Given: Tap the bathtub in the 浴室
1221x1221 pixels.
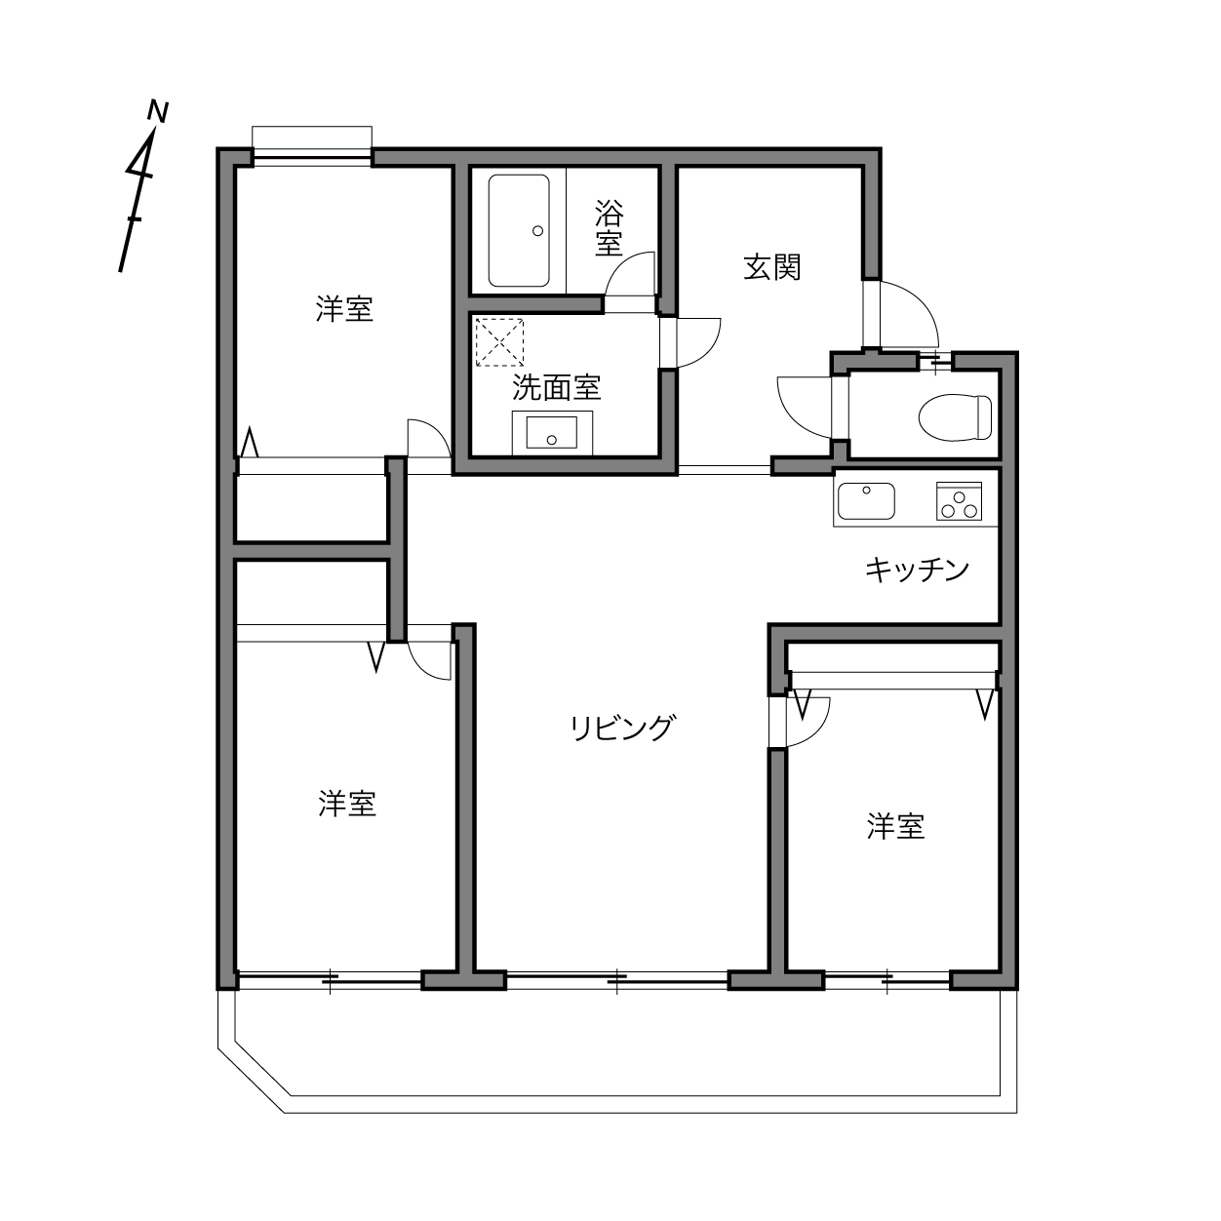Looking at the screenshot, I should coord(519,230).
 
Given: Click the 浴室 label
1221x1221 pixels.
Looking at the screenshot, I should coord(610,227).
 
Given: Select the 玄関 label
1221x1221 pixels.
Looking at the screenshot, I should coord(772,266).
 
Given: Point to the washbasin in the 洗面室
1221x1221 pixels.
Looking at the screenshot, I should coord(552,431).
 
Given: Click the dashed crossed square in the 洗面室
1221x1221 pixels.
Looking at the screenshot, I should coord(499,340).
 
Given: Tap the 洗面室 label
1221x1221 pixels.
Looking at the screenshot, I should coord(556,388).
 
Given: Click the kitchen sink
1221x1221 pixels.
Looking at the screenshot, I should coord(865,501).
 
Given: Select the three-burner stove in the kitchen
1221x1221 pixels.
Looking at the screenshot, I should coord(961,502).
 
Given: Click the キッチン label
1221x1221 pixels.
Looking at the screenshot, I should coord(917,570).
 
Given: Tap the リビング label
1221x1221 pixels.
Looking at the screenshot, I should coord(622,728).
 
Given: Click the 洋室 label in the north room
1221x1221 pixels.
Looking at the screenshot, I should coord(344,309).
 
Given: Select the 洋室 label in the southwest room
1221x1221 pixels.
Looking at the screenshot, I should coord(346,805).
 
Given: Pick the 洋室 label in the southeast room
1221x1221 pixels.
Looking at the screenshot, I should coord(895,827).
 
